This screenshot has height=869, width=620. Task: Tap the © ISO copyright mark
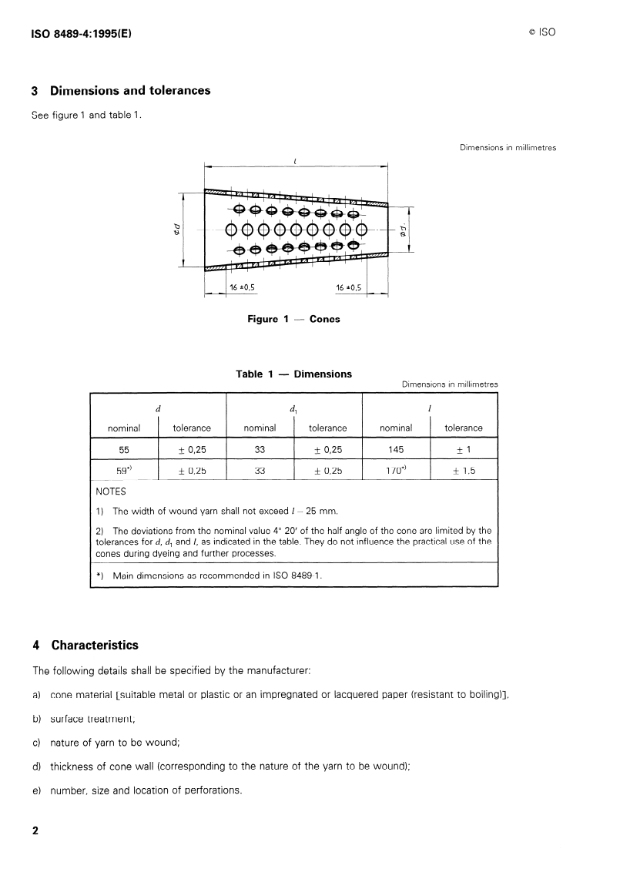click(541, 32)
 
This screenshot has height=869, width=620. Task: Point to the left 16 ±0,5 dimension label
click(242, 287)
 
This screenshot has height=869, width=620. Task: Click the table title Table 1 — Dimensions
click(293, 374)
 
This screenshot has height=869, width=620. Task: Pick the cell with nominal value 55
click(124, 448)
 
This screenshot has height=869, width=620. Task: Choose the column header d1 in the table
click(293, 408)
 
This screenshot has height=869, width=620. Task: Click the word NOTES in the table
click(111, 491)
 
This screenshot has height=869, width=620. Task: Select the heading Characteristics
click(94, 645)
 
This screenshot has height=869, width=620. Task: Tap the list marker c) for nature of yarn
click(36, 743)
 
